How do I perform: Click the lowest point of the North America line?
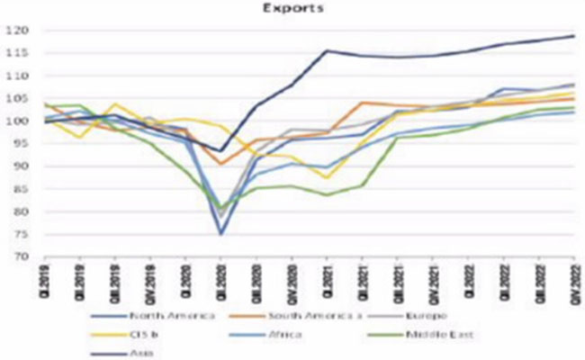pos(221,234)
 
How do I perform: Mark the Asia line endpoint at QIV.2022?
pos(574,36)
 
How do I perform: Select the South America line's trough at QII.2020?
pos(221,164)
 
